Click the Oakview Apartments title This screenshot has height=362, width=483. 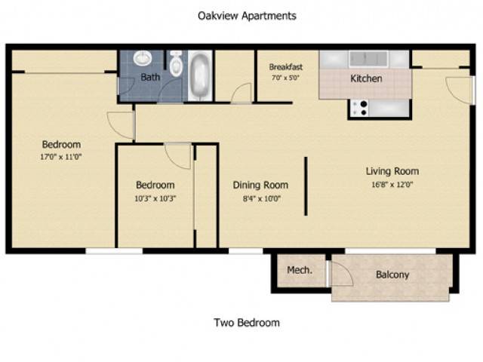247,16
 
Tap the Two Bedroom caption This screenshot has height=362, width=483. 247,323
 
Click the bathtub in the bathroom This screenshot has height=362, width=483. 200,75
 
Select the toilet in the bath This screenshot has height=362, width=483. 176,64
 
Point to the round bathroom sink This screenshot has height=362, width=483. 143,59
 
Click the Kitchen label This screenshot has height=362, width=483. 366,78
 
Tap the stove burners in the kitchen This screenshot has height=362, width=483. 361,109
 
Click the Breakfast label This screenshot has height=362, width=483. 286,67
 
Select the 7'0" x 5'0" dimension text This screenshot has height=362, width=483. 286,78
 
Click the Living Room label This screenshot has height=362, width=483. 392,171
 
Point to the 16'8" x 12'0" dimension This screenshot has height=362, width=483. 392,184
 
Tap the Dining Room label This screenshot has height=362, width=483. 260,185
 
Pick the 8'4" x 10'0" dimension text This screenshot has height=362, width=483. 262,198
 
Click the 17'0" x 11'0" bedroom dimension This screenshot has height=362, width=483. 61,157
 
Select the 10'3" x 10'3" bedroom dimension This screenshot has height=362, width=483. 155,198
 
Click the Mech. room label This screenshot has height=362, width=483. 300,270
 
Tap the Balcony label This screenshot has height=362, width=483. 392,275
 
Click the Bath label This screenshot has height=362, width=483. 150,77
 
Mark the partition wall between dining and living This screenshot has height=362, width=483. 306,186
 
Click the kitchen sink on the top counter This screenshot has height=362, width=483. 368,59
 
